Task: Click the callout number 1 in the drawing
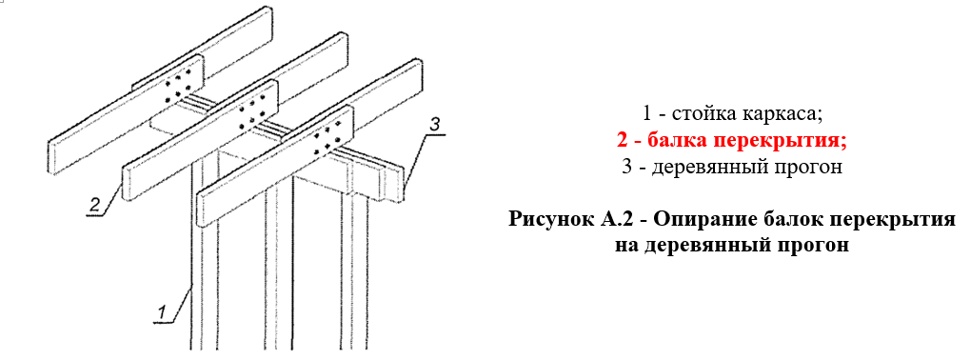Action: pyautogui.click(x=162, y=312)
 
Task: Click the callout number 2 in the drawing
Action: pyautogui.click(x=95, y=204)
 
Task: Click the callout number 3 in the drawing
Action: pyautogui.click(x=435, y=124)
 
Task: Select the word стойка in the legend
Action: pyautogui.click(x=692, y=114)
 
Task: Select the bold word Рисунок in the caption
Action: pyautogui.click(x=552, y=220)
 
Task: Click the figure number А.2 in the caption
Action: pyautogui.click(x=620, y=219)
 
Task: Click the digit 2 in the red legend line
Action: pyautogui.click(x=623, y=141)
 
